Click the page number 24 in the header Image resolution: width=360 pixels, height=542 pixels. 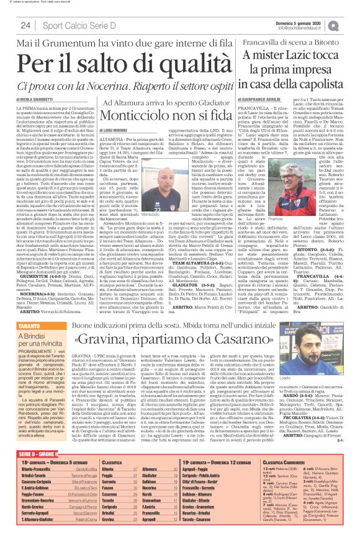click(x=26, y=25)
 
